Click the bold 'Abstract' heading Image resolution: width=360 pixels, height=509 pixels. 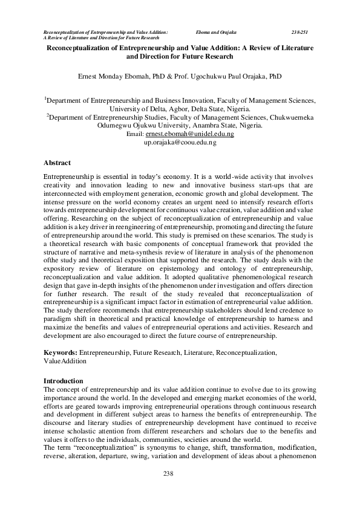pos(57,163)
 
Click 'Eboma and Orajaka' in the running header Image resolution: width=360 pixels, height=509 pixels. pos(216,31)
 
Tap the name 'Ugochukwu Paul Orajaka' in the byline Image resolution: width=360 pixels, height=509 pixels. pos(240,76)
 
